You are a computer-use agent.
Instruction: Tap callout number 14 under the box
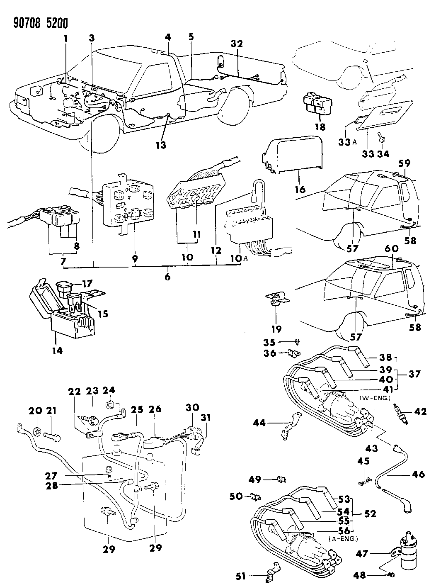coord(57,350)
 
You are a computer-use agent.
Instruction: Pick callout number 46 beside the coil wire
coord(419,474)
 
